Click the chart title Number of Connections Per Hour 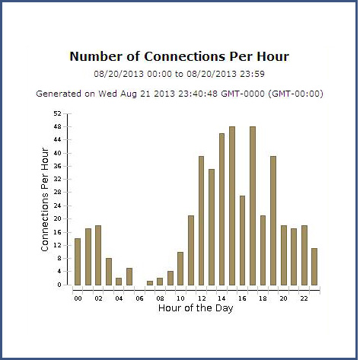180,56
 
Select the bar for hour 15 232,205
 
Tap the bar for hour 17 253,205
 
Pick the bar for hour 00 78,262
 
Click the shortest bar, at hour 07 150,283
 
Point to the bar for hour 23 314,266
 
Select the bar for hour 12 201,221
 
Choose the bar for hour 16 242,241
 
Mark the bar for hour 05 129,276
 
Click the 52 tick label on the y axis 58,113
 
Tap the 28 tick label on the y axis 58,193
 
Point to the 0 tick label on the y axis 59,285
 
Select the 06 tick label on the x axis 139,298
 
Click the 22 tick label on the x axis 304,298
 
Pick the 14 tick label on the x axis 221,298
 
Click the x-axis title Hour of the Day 196,308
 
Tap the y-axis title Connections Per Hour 45,199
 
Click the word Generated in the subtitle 59,94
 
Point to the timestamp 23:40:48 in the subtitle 198,94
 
